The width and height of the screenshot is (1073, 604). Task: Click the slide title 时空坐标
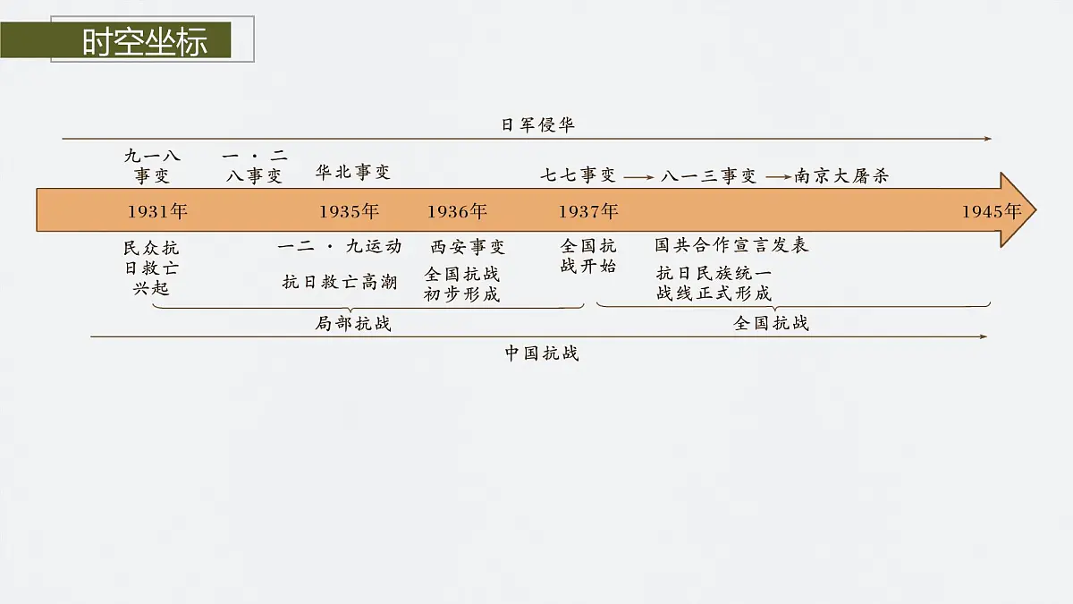(145, 41)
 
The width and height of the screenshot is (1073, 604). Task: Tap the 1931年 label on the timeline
(157, 211)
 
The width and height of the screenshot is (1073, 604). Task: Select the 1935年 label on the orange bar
(350, 211)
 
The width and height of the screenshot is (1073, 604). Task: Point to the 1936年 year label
(457, 211)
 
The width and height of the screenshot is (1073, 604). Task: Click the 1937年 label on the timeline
(588, 211)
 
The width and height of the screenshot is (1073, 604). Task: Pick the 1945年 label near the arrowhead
(992, 211)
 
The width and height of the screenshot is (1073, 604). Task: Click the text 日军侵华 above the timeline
(537, 124)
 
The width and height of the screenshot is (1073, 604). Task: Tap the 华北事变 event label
(353, 172)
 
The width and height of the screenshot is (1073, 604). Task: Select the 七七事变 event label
(579, 175)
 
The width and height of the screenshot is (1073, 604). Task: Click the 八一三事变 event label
(708, 176)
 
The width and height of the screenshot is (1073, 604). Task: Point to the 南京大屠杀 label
(841, 176)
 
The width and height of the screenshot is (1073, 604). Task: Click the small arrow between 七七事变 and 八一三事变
(638, 177)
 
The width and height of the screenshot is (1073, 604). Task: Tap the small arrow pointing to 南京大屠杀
(779, 177)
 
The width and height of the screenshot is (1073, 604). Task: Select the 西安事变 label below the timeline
(468, 247)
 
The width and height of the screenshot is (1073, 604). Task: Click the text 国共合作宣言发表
(731, 245)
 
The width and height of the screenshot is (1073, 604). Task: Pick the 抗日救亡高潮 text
(340, 282)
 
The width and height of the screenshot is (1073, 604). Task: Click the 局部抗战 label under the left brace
(353, 324)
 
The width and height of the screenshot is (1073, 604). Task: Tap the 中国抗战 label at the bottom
(542, 353)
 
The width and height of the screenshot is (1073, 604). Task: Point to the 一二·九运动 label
(340, 246)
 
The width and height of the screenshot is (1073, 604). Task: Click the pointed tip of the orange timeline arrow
(1036, 210)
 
